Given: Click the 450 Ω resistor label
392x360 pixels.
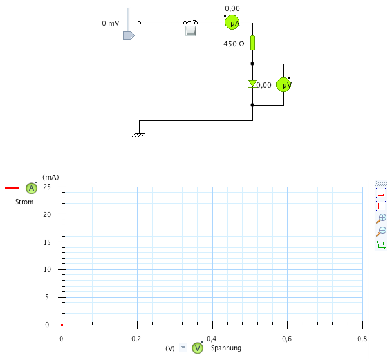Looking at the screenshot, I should coord(234,44).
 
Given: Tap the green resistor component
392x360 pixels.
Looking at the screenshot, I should coord(252,43).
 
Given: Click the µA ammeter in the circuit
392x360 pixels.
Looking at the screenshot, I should coord(232,23).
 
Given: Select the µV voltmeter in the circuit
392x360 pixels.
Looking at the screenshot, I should coord(284,84).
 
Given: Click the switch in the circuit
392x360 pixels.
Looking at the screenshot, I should coord(191,27).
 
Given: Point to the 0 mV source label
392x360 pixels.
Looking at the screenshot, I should coord(110,23).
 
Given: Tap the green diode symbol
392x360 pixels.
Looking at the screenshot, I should coord(252,84).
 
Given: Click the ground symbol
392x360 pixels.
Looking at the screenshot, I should coord(138,135).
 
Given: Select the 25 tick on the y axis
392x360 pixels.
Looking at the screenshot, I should coord(47,187).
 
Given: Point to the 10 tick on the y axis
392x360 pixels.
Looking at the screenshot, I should coord(47,269).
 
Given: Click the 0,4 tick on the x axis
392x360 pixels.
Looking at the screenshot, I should coord(212,338).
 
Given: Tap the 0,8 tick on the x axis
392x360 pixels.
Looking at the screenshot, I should coord(362,338).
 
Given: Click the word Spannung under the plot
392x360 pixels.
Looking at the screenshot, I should coord(226,348).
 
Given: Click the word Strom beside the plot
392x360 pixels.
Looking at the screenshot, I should coord(24,202).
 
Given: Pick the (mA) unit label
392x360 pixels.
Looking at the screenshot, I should coord(50,176).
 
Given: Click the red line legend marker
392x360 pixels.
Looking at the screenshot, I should coord(12,188).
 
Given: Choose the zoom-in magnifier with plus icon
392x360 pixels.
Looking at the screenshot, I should coord(381,218).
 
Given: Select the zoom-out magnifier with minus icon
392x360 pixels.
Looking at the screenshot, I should coord(381,231).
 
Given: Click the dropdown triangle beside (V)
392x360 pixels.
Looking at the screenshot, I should coord(183,348).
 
